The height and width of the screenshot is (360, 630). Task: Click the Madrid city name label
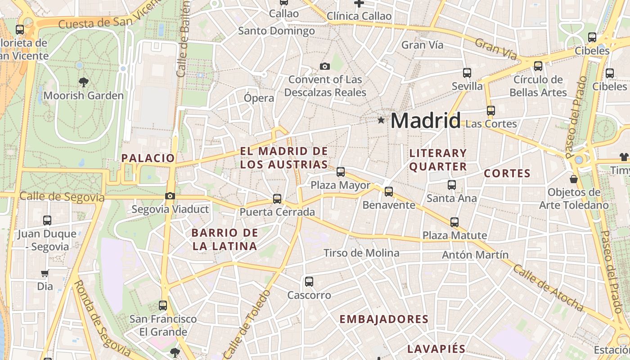point(425,121)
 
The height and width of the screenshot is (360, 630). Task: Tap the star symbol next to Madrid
point(381,120)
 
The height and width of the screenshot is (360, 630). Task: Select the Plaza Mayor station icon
point(341,171)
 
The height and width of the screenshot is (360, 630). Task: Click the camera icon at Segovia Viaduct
point(170,196)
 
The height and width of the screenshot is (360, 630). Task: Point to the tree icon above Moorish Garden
point(83,82)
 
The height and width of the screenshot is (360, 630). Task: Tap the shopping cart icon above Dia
point(45,273)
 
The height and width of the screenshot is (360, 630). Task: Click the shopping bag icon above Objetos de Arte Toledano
point(574,179)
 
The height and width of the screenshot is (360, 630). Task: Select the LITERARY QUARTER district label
point(438,160)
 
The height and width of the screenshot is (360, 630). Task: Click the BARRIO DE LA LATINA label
point(225,239)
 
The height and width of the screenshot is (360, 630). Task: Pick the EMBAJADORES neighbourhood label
point(383,319)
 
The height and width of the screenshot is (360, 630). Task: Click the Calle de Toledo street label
point(247,324)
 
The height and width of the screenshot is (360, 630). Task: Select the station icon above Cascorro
point(309,282)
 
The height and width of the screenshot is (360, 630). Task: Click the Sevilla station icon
point(467,72)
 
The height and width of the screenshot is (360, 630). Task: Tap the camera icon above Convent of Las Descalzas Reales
point(324,67)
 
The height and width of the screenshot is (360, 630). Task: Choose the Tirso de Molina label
point(361,253)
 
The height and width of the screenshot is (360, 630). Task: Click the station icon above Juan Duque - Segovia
point(47,220)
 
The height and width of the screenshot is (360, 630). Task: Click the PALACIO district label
point(148,158)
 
